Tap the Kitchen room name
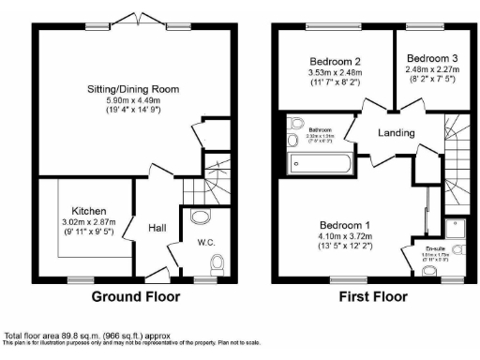coord(89,211)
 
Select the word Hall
coord(157,226)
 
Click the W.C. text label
coord(206,244)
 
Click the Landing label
coord(396,132)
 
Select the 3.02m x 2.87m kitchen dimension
coord(89,222)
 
